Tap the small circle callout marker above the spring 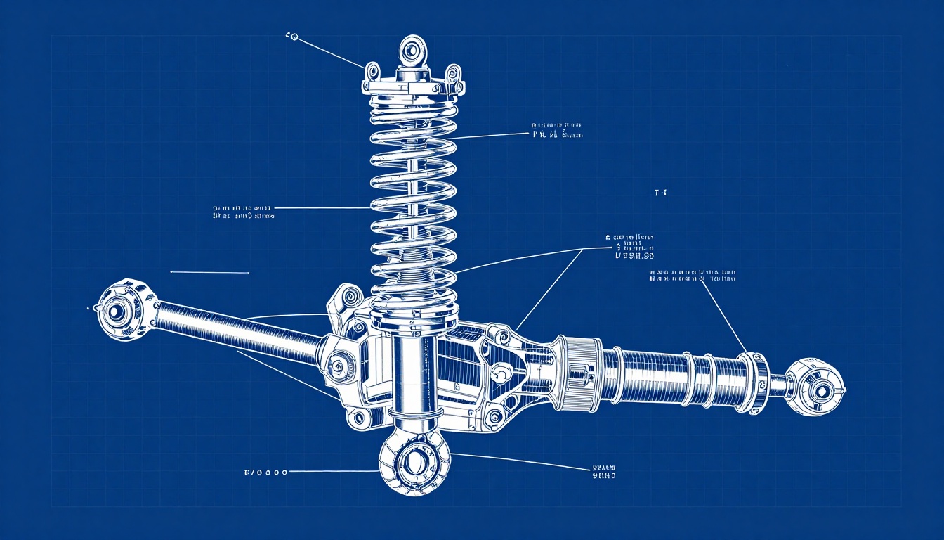click(294, 37)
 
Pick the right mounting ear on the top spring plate click(454, 74)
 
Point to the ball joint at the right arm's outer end click(816, 387)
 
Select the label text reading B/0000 click(265, 472)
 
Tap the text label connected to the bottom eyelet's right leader click(603, 472)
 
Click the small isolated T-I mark click(660, 192)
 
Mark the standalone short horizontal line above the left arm click(209, 272)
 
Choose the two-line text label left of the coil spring click(243, 212)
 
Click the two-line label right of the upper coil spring click(557, 130)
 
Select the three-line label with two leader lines click(630, 247)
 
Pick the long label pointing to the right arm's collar click(693, 275)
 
